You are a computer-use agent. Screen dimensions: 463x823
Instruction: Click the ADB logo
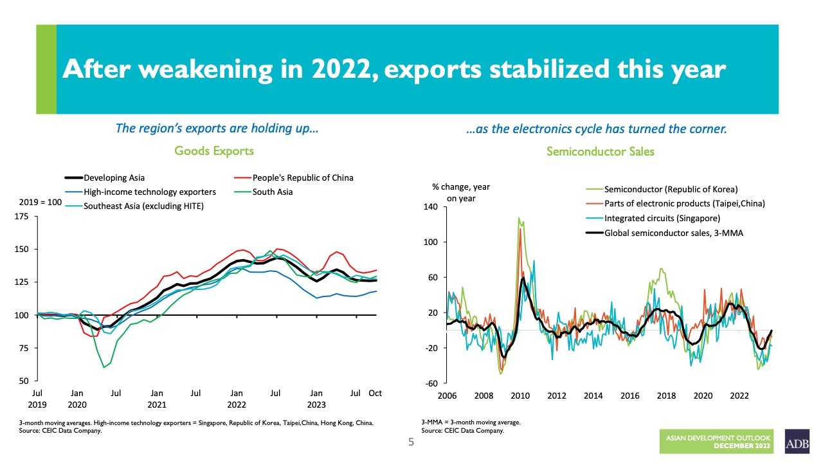pos(797,442)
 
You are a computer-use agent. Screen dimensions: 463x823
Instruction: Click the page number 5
pos(411,442)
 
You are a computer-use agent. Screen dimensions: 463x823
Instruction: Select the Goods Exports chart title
pos(214,151)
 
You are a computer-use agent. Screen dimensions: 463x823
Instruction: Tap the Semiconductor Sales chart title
pos(600,152)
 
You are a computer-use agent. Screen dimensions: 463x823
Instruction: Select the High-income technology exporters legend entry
pos(149,192)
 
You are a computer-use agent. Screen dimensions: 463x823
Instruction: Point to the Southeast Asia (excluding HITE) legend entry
pos(143,206)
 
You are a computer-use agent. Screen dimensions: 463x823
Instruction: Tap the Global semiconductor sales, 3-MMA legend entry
pos(673,233)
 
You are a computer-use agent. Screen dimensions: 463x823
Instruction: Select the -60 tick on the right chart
pos(431,383)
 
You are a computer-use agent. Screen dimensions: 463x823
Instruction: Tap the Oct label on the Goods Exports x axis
pos(375,393)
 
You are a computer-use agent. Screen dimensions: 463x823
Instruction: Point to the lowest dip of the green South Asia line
pos(104,367)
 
